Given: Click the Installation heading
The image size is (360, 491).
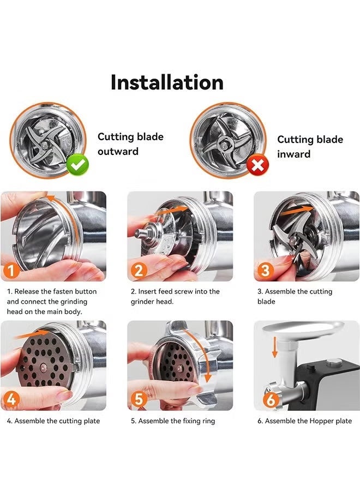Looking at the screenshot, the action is point(167,82).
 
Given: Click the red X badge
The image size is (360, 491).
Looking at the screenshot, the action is point(257,165).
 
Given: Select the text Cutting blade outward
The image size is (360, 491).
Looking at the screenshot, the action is point(130,144).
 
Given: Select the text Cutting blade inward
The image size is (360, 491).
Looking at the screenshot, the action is point(310,147).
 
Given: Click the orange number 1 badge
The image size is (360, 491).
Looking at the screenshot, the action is point(11,271).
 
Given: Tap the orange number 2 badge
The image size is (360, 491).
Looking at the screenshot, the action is point(139,271).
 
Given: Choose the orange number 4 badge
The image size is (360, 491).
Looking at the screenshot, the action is point(11,399).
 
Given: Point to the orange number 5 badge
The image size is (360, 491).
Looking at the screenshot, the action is point(139,399).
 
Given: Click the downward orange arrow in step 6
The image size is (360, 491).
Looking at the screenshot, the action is point(274,347).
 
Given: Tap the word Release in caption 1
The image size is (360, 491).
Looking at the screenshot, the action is point(27,291).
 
